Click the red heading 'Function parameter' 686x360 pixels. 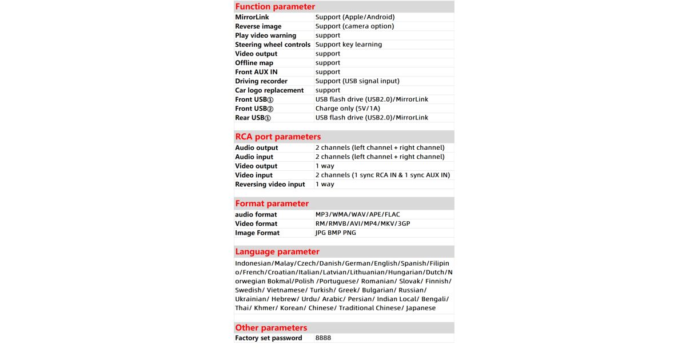click(275, 7)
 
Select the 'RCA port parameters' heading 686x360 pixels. click(278, 137)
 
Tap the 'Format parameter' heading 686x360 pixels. click(272, 203)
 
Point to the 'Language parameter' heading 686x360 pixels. click(277, 252)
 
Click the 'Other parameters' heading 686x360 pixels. click(271, 328)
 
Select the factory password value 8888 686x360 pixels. click(323, 338)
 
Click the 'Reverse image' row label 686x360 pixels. click(258, 26)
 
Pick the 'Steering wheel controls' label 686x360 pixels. click(273, 45)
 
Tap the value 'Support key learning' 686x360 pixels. click(349, 45)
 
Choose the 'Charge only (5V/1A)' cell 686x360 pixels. click(348, 109)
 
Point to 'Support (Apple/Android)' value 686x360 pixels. click(355, 17)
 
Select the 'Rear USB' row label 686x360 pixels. click(252, 118)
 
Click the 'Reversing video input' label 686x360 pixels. click(270, 185)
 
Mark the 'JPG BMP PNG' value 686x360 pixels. click(336, 233)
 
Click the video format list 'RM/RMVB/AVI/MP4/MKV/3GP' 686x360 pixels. click(363, 224)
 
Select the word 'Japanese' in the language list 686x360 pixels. click(421, 309)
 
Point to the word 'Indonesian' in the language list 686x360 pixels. click(253, 263)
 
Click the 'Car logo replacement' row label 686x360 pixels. click(269, 90)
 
